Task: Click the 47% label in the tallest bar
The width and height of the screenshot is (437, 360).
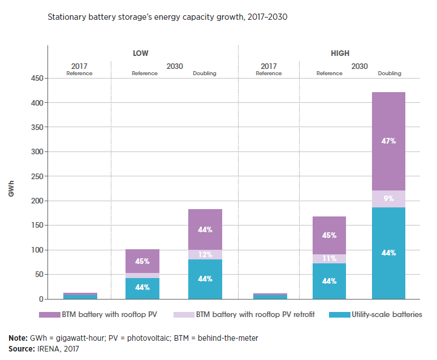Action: (x=388, y=141)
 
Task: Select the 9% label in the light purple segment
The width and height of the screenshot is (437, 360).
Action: (x=388, y=198)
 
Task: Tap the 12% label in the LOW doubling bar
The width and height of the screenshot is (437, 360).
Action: (x=205, y=255)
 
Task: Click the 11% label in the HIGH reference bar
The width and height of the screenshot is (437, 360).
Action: (x=329, y=258)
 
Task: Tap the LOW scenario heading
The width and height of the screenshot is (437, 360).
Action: (x=140, y=54)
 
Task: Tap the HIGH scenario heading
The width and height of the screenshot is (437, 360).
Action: (x=340, y=54)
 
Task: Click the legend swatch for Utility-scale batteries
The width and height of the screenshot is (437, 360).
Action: (x=341, y=314)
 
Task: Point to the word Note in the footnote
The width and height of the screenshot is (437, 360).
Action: (x=18, y=338)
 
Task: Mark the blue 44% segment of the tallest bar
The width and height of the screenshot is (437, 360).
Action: (x=388, y=253)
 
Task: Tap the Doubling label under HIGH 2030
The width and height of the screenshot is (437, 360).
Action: (x=389, y=73)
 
